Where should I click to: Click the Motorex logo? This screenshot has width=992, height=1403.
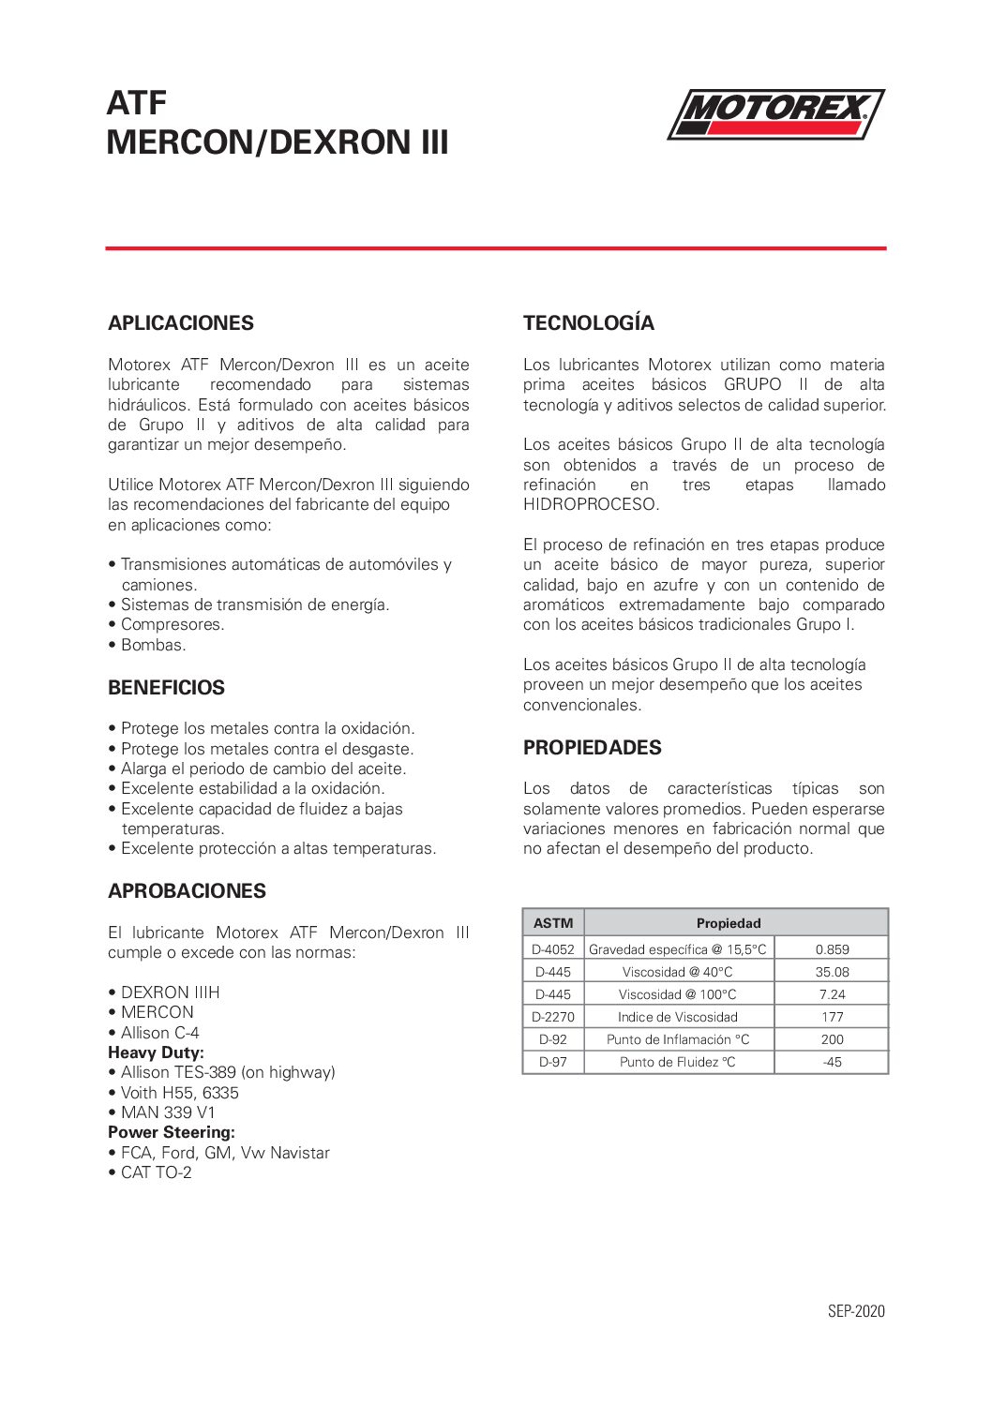775,114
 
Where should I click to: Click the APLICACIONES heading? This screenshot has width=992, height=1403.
181,323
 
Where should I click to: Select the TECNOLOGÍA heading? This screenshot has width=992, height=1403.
589,323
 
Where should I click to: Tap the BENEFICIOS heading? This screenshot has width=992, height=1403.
166,688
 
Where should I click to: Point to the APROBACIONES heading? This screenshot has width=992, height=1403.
187,891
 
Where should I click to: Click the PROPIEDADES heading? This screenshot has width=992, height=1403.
592,748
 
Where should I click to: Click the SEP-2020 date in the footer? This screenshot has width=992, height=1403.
856,1311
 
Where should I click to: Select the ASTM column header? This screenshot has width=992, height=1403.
553,923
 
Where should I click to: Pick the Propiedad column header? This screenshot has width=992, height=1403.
729,923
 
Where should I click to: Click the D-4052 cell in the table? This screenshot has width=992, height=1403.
553,949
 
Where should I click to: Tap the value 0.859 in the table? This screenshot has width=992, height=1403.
832,949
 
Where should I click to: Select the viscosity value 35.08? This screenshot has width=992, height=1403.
832,972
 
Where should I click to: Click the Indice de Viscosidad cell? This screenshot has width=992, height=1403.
677,1017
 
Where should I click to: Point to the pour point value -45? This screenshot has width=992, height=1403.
832,1062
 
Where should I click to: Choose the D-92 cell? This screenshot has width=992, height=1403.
553,1039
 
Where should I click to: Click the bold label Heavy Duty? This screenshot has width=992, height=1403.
156,1052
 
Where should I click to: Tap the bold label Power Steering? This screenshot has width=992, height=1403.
172,1132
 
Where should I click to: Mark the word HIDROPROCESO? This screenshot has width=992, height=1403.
591,504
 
